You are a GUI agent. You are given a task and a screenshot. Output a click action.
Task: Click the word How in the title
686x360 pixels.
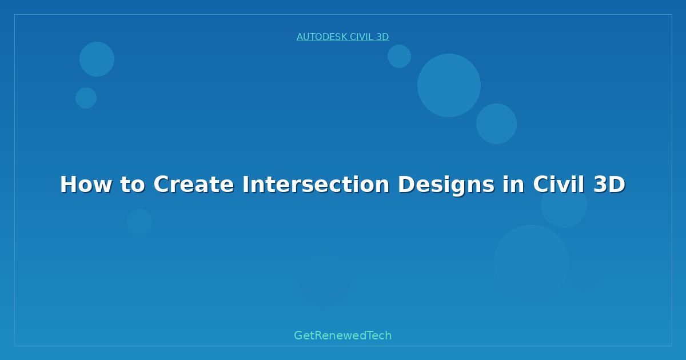point(86,185)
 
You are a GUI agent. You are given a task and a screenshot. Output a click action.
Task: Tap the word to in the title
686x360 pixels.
point(132,185)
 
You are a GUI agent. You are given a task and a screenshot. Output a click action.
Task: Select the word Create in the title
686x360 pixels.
point(194,185)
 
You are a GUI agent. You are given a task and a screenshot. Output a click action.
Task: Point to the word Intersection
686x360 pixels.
point(316,185)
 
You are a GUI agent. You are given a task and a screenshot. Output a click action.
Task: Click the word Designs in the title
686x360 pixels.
point(446,186)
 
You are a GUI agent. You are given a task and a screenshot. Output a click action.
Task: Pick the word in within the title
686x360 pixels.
point(513,185)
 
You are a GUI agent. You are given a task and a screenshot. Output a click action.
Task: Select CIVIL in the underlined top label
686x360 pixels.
point(362,37)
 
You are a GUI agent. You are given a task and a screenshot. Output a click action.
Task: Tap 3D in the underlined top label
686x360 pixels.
point(382,37)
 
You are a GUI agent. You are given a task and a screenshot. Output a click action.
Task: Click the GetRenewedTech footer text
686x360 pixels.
point(342,335)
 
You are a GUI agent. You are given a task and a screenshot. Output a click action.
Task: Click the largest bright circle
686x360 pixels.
point(449,85)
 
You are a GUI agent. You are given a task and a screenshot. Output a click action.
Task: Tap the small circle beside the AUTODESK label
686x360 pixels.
point(399,56)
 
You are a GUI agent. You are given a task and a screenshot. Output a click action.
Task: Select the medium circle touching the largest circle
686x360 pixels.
point(496,123)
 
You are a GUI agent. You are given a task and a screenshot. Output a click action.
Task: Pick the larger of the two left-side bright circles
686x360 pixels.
point(97,59)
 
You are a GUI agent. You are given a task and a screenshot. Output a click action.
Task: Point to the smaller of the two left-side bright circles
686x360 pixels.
point(86,98)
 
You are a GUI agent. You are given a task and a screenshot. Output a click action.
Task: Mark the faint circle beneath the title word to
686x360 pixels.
point(139,222)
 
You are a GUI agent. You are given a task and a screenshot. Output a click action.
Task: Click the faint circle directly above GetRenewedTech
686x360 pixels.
point(325,281)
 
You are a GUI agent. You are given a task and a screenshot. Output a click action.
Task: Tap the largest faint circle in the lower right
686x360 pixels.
point(531,262)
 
